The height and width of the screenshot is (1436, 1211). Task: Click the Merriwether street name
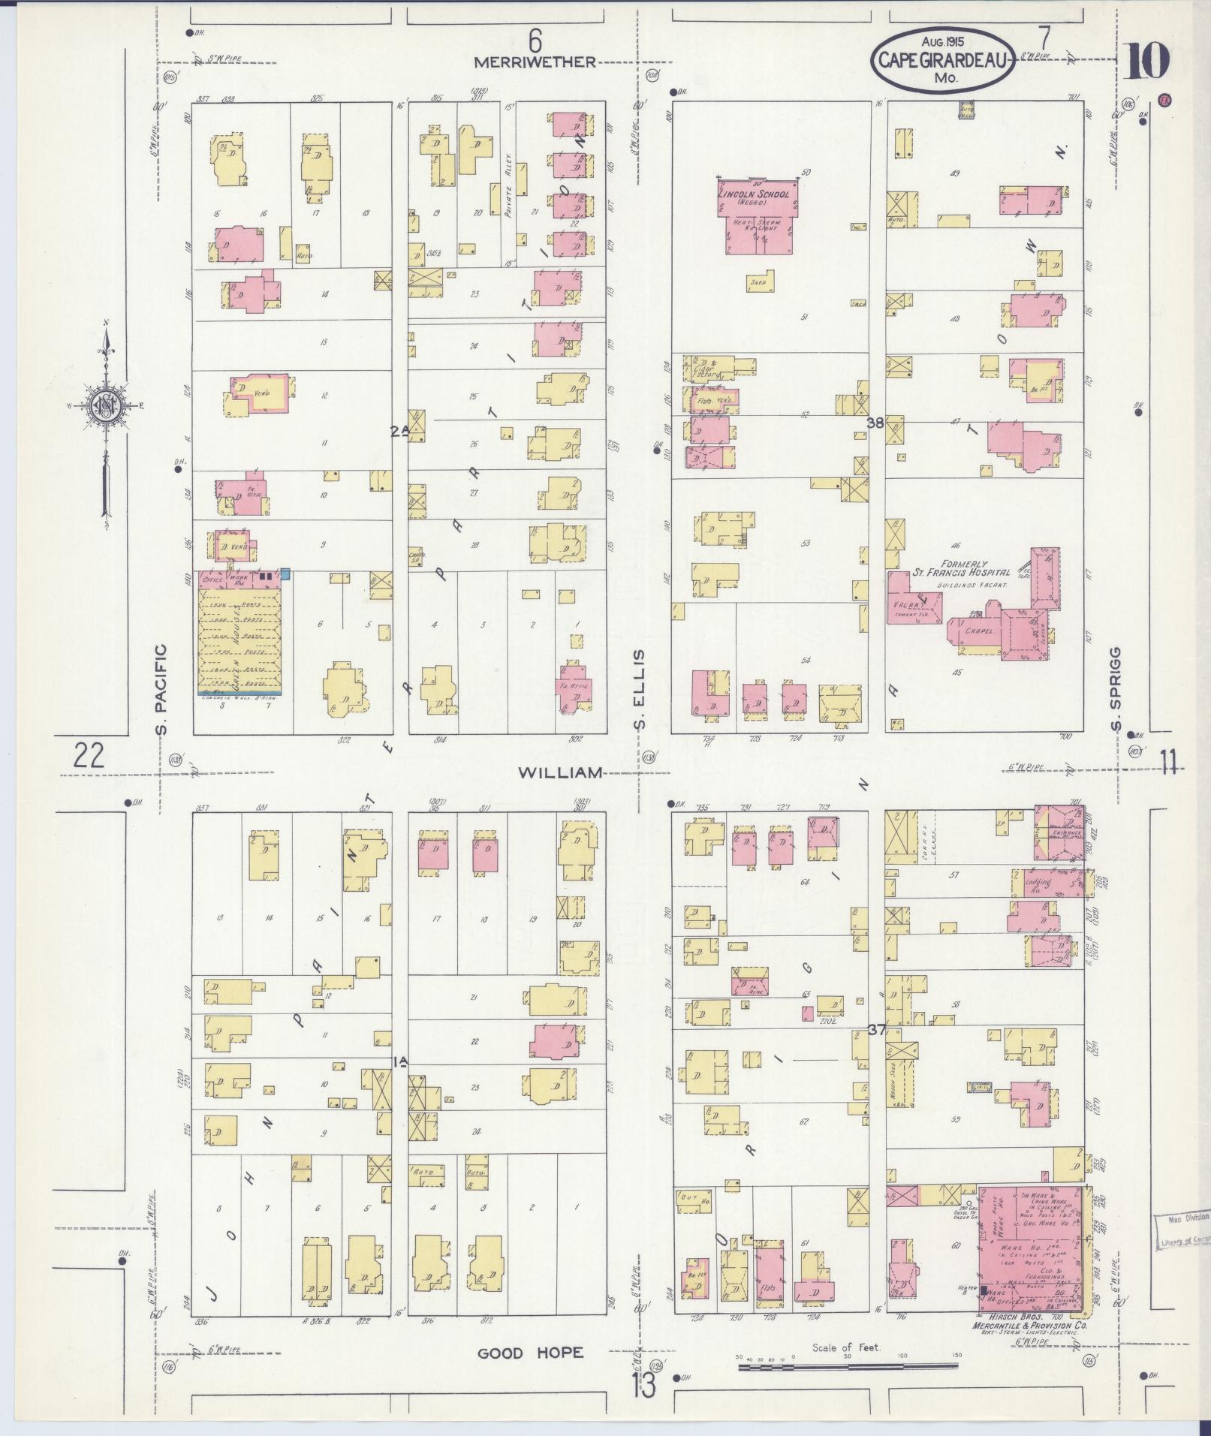coord(535,62)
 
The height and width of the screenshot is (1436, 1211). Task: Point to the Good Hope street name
coord(531,1353)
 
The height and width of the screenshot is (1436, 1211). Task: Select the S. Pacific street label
coord(163,689)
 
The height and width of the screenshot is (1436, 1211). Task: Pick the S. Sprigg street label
coord(1116,690)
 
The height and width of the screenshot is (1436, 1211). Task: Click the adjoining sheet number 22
coord(89,754)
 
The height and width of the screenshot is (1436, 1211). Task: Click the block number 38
coord(875,423)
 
